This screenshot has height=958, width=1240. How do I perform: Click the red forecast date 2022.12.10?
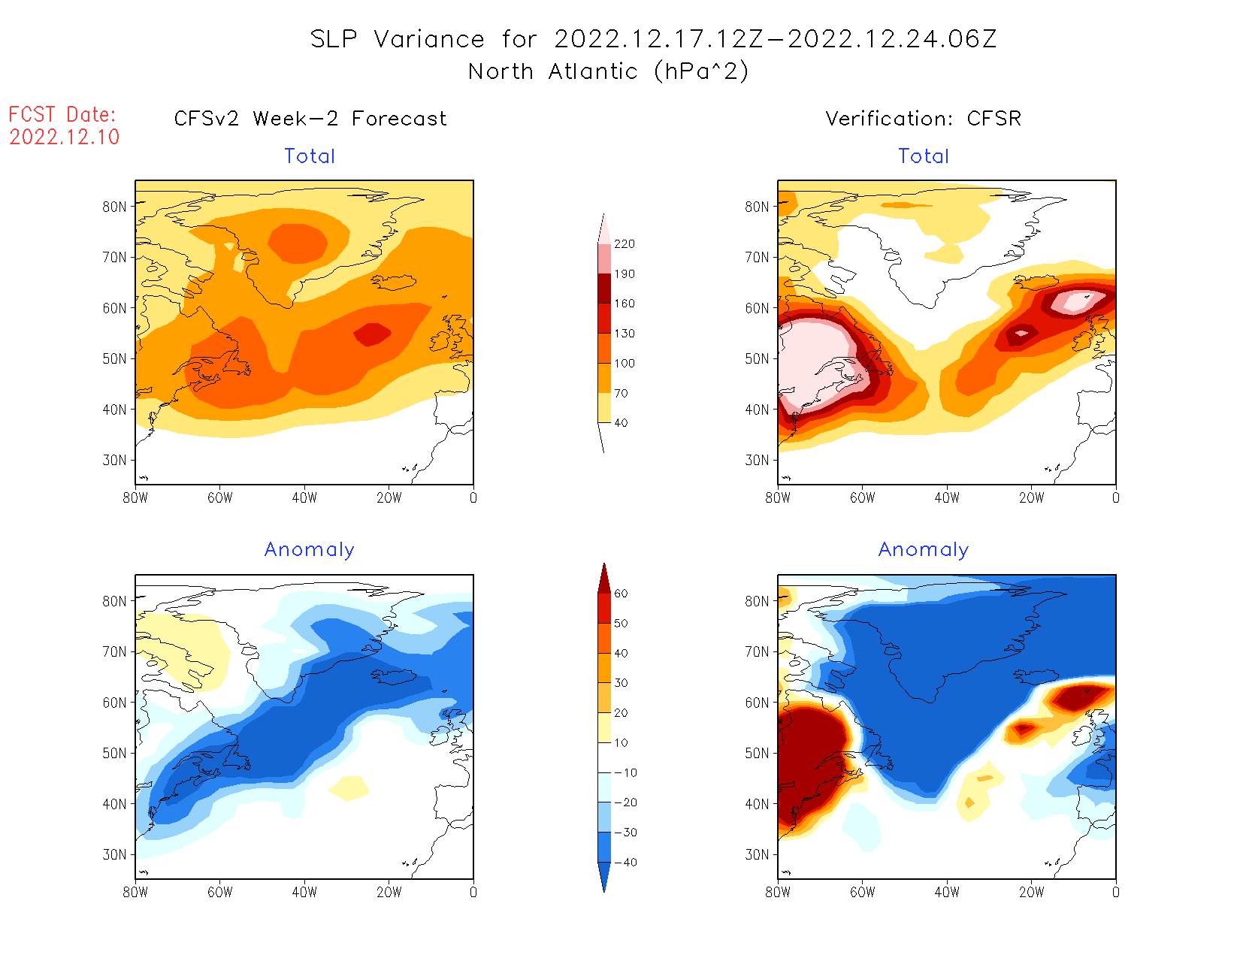pos(65,137)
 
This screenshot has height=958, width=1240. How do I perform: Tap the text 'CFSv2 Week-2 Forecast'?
pos(310,119)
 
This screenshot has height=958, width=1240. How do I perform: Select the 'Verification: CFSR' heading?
pos(923,119)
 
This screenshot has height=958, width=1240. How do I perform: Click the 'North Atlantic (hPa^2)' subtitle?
pos(608,71)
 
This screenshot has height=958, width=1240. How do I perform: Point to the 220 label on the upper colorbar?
pos(624,244)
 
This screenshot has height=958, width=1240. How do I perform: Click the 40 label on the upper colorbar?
pos(621,423)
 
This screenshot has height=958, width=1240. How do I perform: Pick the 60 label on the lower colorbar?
pos(621,594)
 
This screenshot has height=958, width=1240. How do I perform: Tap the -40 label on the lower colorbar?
pos(625,863)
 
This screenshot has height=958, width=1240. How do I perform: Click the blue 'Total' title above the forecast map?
pos(310,156)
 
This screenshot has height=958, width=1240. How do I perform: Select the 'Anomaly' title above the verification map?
pos(924,550)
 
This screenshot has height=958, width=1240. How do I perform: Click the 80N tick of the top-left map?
pos(115,207)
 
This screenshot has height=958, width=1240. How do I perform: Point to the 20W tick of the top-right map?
pos(1031,497)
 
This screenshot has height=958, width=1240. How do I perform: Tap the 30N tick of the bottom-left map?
pos(115,854)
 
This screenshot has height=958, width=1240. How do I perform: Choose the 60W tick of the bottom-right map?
pos(862,892)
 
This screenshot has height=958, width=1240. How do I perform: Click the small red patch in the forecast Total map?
pos(373,334)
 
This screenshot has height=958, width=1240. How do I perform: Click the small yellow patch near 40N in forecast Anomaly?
pos(348,787)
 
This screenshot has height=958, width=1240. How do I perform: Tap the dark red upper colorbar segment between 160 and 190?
pos(604,289)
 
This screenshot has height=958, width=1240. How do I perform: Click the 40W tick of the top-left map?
pos(304,497)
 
